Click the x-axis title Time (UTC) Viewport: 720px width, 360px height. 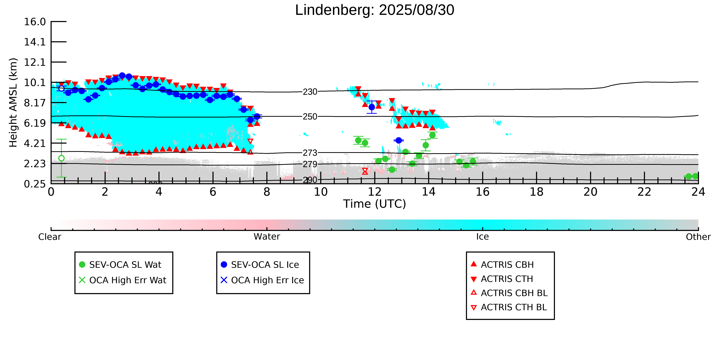[x=375, y=204]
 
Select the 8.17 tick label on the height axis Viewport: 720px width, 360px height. [x=35, y=103]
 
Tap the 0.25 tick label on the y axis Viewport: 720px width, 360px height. [x=35, y=184]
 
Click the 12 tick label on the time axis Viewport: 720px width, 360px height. [x=375, y=192]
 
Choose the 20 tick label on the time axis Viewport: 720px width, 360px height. [x=590, y=192]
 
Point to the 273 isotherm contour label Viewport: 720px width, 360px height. [x=310, y=153]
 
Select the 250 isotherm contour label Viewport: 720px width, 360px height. [x=310, y=117]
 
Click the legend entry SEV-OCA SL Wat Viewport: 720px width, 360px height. [x=125, y=265]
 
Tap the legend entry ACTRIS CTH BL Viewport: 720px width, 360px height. [x=514, y=307]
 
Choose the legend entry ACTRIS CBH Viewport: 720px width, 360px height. [x=507, y=265]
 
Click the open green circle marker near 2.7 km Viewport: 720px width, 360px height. [x=62, y=158]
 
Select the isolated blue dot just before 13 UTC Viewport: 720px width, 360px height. [x=399, y=140]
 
